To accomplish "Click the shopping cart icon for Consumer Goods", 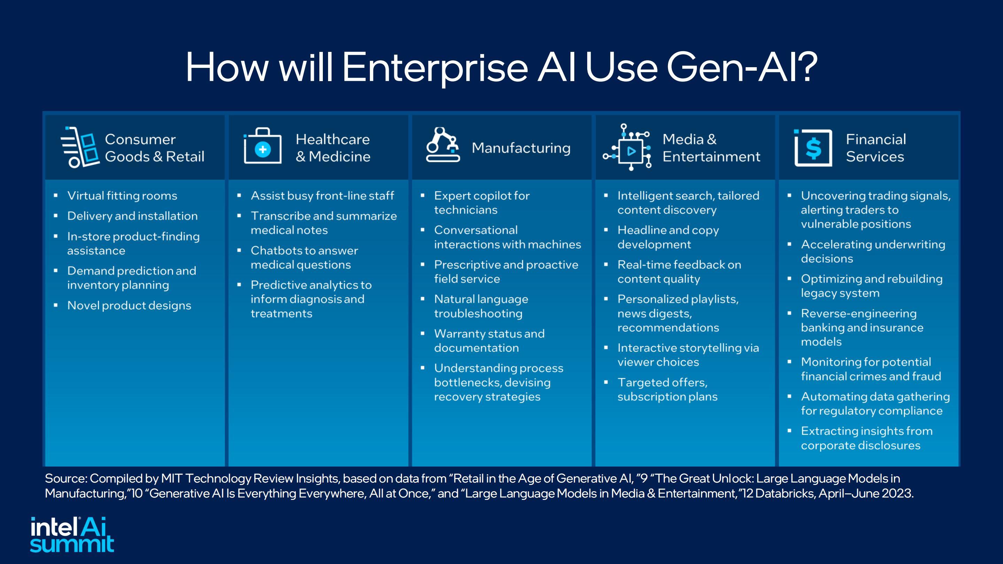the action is tap(80, 147).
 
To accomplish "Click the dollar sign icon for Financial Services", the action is tap(813, 148).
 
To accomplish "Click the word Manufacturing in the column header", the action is tap(521, 148).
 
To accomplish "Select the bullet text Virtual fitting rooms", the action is tap(122, 195).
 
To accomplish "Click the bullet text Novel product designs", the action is tap(129, 305).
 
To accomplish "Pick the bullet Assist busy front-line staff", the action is tap(322, 195).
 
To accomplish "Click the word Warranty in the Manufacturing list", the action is tap(458, 334).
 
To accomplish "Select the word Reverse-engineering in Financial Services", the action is tap(858, 314).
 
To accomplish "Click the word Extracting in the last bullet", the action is tap(829, 431).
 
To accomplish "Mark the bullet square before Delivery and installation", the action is tap(56, 215).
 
